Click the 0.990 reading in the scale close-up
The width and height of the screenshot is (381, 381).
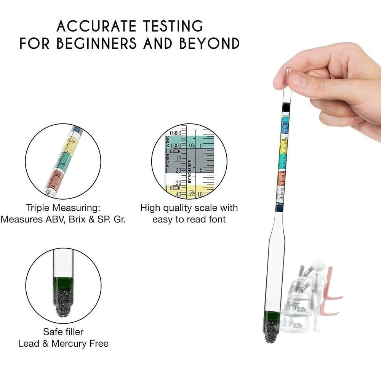[x=176, y=133]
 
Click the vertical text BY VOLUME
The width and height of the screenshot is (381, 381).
[x=189, y=171]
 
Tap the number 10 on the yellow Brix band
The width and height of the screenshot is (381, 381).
[x=72, y=141]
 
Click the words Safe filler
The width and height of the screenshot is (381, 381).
[x=63, y=332]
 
